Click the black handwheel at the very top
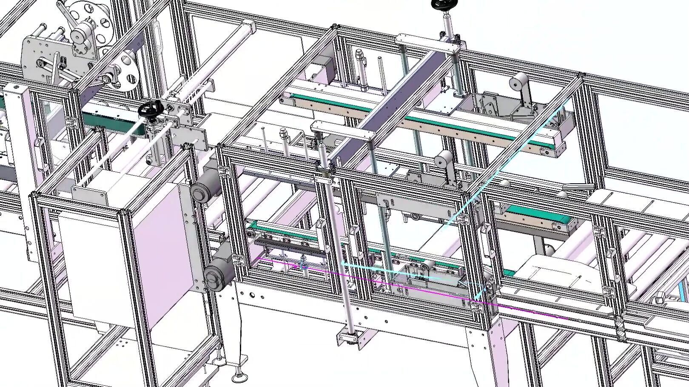tap(443, 5)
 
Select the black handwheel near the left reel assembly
tap(151, 110)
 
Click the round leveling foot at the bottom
tap(239, 377)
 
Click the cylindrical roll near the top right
tap(520, 82)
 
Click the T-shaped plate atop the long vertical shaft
tap(343, 131)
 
